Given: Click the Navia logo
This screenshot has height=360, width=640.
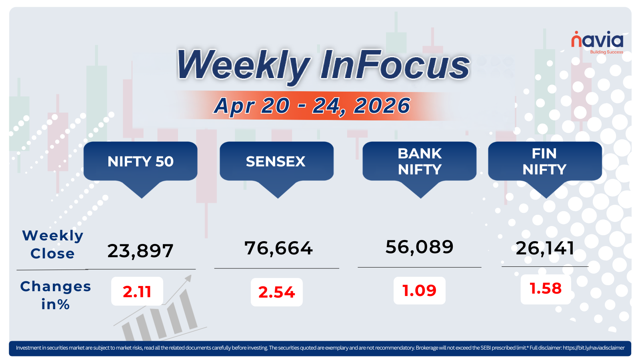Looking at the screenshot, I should (597, 40).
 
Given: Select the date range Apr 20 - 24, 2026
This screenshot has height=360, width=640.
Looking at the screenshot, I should (312, 106).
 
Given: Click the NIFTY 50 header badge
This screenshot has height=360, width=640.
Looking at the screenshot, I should (140, 162).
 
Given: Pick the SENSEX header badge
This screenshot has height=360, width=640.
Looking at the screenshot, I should (276, 162).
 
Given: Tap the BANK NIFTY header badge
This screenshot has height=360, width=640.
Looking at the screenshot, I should (420, 162).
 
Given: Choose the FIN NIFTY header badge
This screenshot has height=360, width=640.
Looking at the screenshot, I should (544, 162).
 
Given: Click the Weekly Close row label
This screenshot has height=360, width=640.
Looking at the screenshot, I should (52, 244).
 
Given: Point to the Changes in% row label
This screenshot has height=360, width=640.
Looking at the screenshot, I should (56, 295).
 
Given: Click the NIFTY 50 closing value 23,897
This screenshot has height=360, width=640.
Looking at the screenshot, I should (140, 251).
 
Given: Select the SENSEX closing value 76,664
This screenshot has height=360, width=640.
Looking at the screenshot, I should (278, 248).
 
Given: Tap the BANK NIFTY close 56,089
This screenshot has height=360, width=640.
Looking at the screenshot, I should (419, 247).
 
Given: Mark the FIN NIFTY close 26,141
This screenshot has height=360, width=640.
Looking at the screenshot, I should (545, 248).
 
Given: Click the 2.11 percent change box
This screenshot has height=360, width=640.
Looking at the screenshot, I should (137, 292).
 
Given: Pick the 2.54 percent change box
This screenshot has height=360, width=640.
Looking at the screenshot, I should (276, 292).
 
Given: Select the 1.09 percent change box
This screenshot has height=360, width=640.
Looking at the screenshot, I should (419, 291).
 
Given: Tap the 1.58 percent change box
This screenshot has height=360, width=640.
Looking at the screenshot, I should (546, 289).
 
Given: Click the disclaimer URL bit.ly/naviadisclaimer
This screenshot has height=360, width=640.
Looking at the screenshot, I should (594, 348).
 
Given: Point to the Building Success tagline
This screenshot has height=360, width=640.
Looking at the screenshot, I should (606, 52).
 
